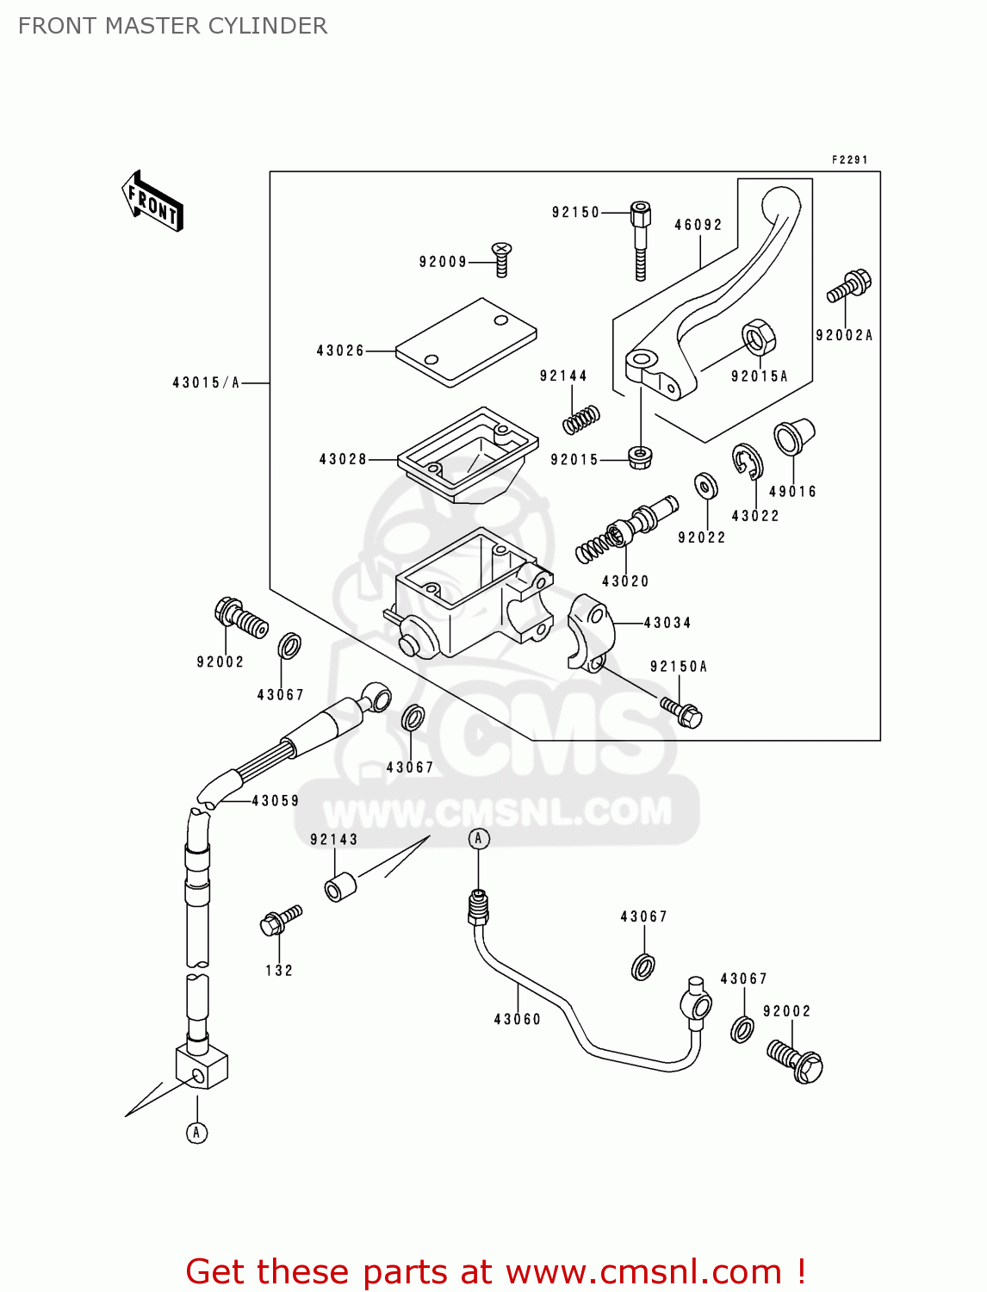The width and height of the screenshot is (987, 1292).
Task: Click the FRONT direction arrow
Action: tap(153, 202)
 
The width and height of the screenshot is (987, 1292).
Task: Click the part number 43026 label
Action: tap(340, 351)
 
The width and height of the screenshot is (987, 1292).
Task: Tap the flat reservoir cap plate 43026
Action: tap(466, 341)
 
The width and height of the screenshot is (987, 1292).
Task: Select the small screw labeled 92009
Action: tap(501, 258)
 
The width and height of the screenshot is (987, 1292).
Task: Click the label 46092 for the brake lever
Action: tap(698, 225)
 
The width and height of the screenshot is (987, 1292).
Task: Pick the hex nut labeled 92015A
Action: tap(758, 337)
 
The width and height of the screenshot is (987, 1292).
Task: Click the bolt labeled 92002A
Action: tap(849, 286)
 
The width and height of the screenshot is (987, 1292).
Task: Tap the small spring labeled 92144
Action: tap(581, 419)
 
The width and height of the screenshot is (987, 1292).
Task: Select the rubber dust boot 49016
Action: tap(793, 437)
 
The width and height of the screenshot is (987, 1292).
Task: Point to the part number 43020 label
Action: tap(625, 581)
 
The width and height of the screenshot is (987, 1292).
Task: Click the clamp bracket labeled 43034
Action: tap(589, 632)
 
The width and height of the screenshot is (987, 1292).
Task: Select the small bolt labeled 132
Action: tap(280, 920)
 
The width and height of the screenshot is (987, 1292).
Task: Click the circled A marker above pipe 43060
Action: tap(479, 838)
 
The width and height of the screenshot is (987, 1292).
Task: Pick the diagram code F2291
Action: tap(849, 159)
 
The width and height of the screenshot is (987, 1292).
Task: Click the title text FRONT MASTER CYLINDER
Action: tap(172, 26)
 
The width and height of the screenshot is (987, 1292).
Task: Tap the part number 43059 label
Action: tap(276, 800)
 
